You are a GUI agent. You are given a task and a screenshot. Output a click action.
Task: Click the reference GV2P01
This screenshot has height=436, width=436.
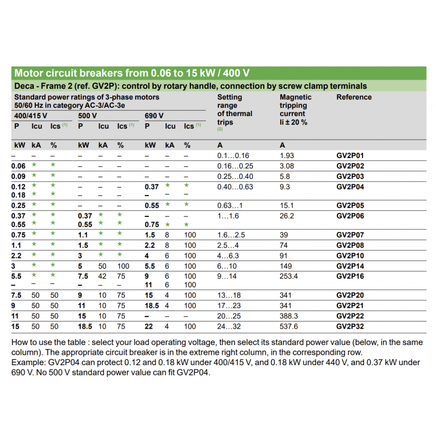(x=350, y=156)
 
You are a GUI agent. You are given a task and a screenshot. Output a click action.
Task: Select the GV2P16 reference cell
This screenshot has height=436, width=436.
(x=350, y=276)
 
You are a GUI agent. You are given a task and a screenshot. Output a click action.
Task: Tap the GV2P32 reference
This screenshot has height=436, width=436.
(x=350, y=326)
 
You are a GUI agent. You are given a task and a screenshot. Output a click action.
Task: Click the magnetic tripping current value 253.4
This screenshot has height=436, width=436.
(x=289, y=276)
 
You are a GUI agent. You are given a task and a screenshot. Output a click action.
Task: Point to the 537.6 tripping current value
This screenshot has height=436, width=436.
(x=289, y=326)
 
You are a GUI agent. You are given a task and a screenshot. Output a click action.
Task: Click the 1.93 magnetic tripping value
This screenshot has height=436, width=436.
(x=287, y=156)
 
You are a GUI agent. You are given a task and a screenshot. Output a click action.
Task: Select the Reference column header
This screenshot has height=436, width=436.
(x=354, y=98)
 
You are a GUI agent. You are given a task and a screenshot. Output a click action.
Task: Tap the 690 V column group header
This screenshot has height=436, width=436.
(x=154, y=116)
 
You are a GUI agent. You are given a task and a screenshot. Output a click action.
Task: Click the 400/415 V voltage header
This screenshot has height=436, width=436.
(x=31, y=116)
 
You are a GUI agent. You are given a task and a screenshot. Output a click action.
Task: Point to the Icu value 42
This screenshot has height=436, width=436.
(x=102, y=276)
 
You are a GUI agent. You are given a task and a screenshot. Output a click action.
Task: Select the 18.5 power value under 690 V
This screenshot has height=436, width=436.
(x=152, y=306)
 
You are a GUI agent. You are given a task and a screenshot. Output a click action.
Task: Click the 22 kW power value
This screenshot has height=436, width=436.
(x=149, y=326)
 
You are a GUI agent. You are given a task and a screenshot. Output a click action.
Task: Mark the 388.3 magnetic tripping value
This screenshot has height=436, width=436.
(x=289, y=316)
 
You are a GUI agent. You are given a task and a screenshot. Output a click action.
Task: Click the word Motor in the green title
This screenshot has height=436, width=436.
(x=29, y=73)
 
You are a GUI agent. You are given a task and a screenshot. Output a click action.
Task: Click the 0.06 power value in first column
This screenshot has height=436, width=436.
(x=19, y=166)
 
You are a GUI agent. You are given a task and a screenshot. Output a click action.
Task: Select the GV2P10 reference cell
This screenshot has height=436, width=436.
(x=350, y=256)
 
